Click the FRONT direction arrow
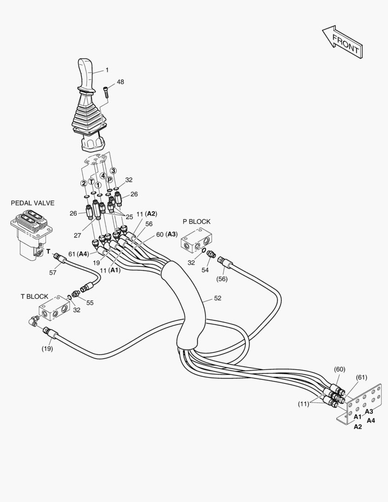coord(343,41)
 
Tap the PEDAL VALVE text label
coord(33,203)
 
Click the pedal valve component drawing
coord(31,233)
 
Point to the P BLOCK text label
coord(196,222)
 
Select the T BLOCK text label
coord(34,296)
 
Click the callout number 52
coord(217,298)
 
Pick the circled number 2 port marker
coord(84,183)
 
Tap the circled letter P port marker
coord(110,180)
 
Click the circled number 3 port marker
coord(113,171)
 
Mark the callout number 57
coord(53,273)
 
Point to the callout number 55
coord(90,303)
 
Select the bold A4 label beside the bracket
coord(371,421)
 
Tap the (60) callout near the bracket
coord(340,369)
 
